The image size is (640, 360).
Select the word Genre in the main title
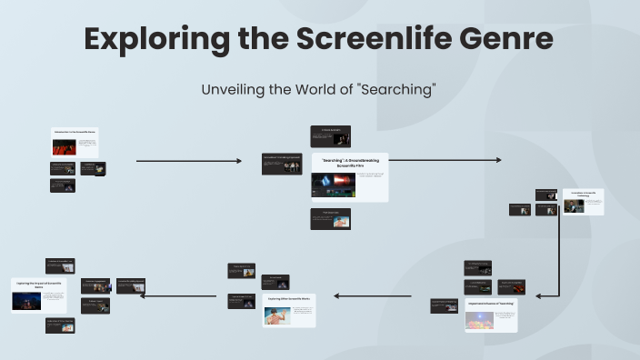[x=508, y=39]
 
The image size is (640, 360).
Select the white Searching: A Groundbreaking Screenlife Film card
[x=349, y=176]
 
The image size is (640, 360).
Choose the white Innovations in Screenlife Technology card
[x=582, y=201]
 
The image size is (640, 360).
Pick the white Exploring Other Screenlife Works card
[x=289, y=310]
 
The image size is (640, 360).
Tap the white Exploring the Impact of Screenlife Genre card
[x=39, y=295]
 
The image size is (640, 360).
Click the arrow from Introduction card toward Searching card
[x=189, y=161]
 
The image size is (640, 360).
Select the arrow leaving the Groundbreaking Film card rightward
[x=445, y=161]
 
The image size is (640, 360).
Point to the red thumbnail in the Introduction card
[x=63, y=146]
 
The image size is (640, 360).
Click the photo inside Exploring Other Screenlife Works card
[x=276, y=315]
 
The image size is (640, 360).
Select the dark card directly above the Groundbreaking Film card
[x=330, y=136]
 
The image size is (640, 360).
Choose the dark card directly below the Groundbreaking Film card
[x=330, y=218]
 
